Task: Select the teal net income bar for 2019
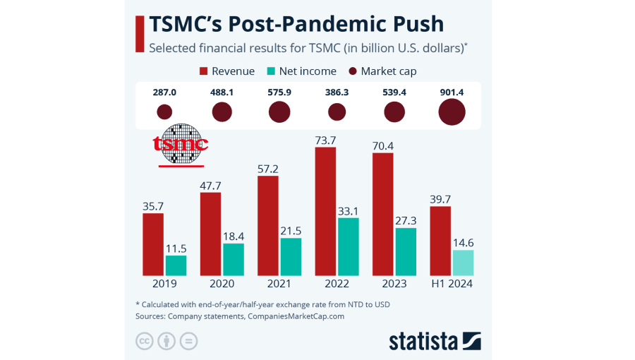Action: (176, 265)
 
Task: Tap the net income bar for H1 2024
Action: (463, 263)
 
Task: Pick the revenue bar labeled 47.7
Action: (210, 234)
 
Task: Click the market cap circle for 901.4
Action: (452, 112)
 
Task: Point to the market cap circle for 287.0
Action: (164, 112)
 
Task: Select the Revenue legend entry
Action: (227, 71)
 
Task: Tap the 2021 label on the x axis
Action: (279, 284)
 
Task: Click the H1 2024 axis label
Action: (452, 284)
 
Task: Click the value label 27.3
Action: (406, 220)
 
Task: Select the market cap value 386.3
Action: (337, 92)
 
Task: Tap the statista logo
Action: (435, 341)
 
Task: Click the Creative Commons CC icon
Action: (145, 341)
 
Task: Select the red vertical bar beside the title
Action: (139, 34)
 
